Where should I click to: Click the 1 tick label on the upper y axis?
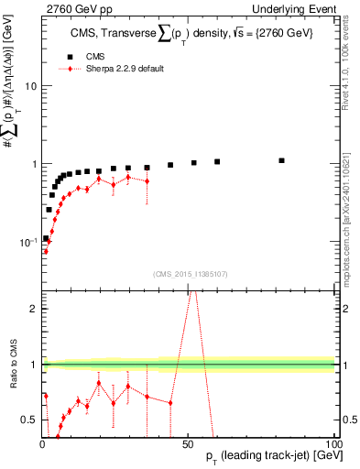(33, 164)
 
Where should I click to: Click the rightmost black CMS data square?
(282, 160)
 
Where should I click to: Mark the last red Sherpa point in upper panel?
(147, 181)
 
